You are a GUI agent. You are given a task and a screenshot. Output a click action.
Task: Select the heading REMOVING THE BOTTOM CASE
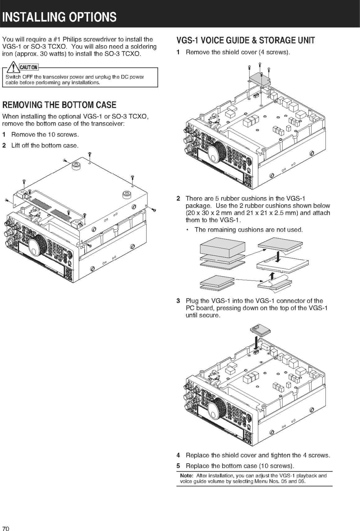tap(59, 105)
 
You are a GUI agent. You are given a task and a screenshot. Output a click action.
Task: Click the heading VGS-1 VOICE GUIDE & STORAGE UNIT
tap(245, 40)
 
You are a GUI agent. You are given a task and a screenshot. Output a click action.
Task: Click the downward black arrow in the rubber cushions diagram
tap(279, 256)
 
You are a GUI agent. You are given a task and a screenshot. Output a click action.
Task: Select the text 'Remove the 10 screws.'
tap(45, 135)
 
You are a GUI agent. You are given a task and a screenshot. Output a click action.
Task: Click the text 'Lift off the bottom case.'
tap(45, 145)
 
